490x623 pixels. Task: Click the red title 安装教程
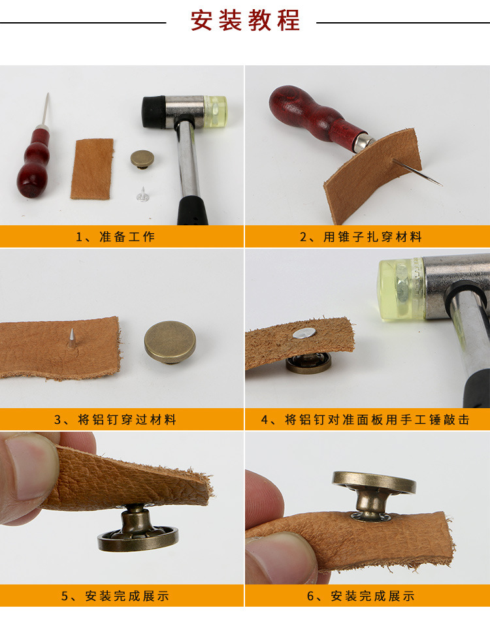coord(245,20)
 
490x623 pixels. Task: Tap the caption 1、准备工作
coord(115,237)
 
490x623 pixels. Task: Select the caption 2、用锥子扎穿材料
coord(361,237)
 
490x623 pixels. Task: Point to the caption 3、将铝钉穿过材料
coord(115,419)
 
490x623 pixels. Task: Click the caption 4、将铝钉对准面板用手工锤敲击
coord(365,419)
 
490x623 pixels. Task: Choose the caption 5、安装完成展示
coord(115,596)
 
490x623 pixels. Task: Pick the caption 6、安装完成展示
coord(361,596)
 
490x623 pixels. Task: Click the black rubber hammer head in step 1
coord(154,112)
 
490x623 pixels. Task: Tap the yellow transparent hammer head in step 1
coord(215,111)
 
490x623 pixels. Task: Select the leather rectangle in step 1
coord(92,169)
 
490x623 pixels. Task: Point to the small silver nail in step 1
coord(142,195)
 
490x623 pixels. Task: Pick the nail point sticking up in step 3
coord(72,329)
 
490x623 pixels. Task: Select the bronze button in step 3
coord(170,342)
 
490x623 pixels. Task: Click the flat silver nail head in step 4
coord(304,333)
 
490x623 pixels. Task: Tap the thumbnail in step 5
coord(33,468)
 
